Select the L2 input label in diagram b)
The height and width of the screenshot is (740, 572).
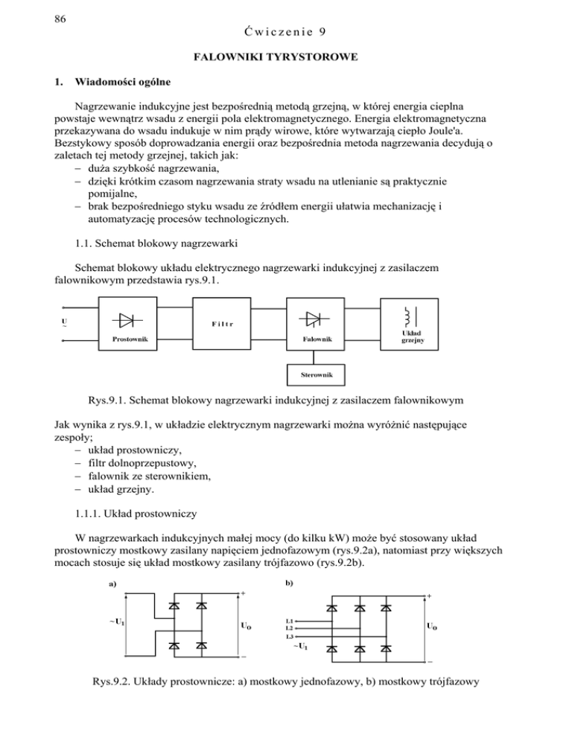click(x=290, y=629)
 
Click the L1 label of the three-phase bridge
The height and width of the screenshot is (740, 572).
click(x=290, y=621)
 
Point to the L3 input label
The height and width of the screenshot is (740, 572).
click(x=290, y=637)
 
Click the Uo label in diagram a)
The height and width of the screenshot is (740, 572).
click(x=245, y=626)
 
